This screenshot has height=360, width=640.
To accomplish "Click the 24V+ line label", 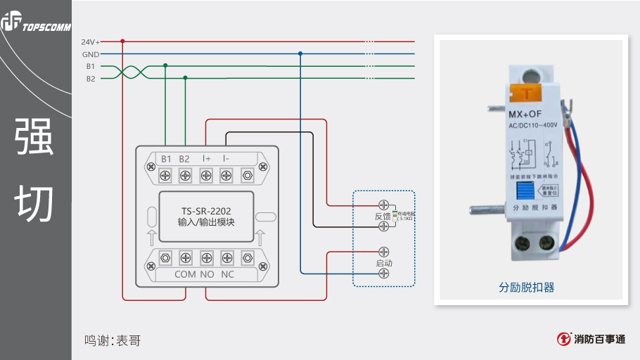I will pyautogui.click(x=91, y=41).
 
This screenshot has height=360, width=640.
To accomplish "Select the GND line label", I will pyautogui.click(x=91, y=54).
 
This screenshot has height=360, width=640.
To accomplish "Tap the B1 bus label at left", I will pyautogui.click(x=91, y=66).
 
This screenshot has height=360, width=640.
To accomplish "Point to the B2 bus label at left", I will pyautogui.click(x=91, y=79).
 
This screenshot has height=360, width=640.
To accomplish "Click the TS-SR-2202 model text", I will pyautogui.click(x=206, y=210).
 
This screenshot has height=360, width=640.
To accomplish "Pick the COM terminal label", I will pyautogui.click(x=185, y=274).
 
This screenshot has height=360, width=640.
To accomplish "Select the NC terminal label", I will pyautogui.click(x=227, y=274).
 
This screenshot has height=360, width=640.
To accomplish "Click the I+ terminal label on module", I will pyautogui.click(x=207, y=159).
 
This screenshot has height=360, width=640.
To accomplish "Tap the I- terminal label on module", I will pyautogui.click(x=226, y=159).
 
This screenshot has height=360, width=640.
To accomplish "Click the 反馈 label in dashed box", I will pyautogui.click(x=383, y=216).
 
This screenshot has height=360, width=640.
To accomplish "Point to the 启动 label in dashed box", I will pyautogui.click(x=384, y=263).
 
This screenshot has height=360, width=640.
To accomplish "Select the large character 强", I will pyautogui.click(x=34, y=138).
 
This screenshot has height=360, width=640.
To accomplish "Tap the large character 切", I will pyautogui.click(x=34, y=205).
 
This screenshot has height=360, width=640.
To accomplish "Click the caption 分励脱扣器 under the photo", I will pyautogui.click(x=527, y=288).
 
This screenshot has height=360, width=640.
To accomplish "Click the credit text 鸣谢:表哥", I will pyautogui.click(x=113, y=341).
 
